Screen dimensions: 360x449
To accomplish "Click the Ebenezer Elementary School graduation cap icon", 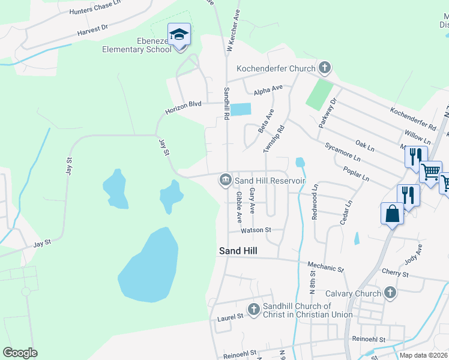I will coord(179,35).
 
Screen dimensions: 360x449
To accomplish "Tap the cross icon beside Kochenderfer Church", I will coord(325,68).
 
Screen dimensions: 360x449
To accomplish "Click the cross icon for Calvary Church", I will coord(390,293).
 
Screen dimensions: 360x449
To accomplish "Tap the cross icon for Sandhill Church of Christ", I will coord(254,308).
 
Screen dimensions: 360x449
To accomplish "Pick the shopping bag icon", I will coord(392,214).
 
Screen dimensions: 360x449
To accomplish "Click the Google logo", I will coord(20,353).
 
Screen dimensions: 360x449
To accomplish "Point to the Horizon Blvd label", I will coord(184,107).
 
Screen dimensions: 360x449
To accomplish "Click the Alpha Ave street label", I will coord(268,90).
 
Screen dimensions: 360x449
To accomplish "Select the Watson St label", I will coord(256,230).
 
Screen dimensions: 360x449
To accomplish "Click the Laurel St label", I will coord(231,316).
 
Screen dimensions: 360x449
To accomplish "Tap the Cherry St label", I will coord(395,274).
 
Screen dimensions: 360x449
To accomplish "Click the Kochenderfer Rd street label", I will coord(412,119).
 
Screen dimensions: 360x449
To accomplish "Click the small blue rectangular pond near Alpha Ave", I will coord(241,109).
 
